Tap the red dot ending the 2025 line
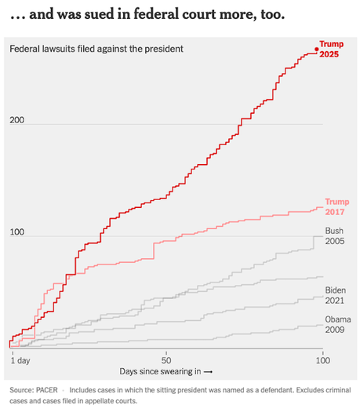tap(317, 49)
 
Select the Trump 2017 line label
tap(336, 206)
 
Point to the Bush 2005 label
tap(334, 236)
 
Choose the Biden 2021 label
tap(335, 296)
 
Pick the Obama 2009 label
tap(337, 324)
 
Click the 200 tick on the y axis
tap(17, 121)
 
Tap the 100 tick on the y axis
tap(17, 233)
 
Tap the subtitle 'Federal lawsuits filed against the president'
tap(96, 49)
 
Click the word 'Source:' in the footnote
tap(22, 389)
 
